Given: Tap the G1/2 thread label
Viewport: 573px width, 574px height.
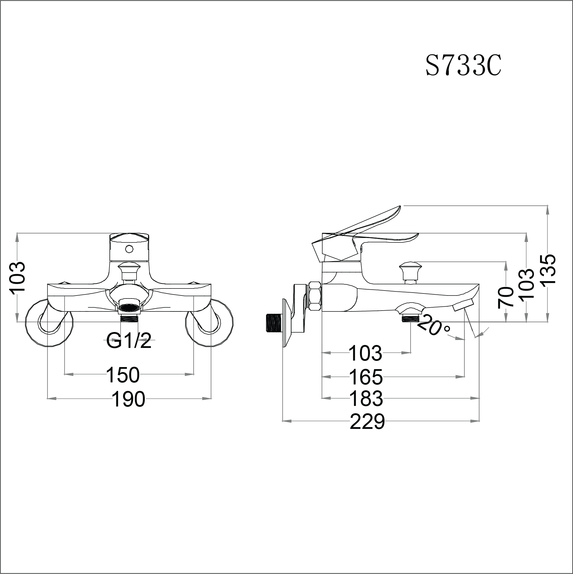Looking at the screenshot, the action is point(129,341).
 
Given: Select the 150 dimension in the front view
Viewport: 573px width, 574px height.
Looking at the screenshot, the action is point(123,375).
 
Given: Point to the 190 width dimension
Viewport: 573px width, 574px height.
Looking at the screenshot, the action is point(129,399).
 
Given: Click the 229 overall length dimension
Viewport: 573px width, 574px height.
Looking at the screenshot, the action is point(367,421).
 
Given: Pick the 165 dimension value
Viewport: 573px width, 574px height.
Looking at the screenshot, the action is point(366,377).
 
